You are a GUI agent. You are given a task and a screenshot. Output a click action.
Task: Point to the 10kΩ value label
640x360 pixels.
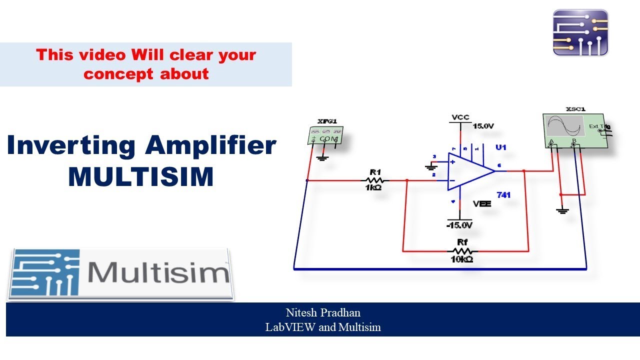click(x=462, y=259)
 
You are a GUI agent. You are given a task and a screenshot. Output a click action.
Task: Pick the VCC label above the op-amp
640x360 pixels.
click(x=460, y=117)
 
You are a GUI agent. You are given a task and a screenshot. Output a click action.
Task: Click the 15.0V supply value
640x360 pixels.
click(x=483, y=126)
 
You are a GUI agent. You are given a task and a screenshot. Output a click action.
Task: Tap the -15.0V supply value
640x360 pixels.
click(x=459, y=225)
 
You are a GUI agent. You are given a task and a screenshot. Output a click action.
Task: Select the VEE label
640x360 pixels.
click(x=482, y=204)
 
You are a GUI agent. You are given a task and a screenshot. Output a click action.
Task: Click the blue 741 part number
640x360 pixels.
click(x=503, y=195)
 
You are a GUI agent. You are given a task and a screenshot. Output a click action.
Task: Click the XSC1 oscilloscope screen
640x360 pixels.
click(x=565, y=127)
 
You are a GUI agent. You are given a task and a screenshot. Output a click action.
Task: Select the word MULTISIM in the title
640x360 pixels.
click(x=141, y=177)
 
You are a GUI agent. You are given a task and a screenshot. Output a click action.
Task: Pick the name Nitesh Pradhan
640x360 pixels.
click(x=323, y=313)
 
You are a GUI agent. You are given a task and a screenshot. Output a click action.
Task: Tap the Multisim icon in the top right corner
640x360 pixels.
click(x=580, y=32)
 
